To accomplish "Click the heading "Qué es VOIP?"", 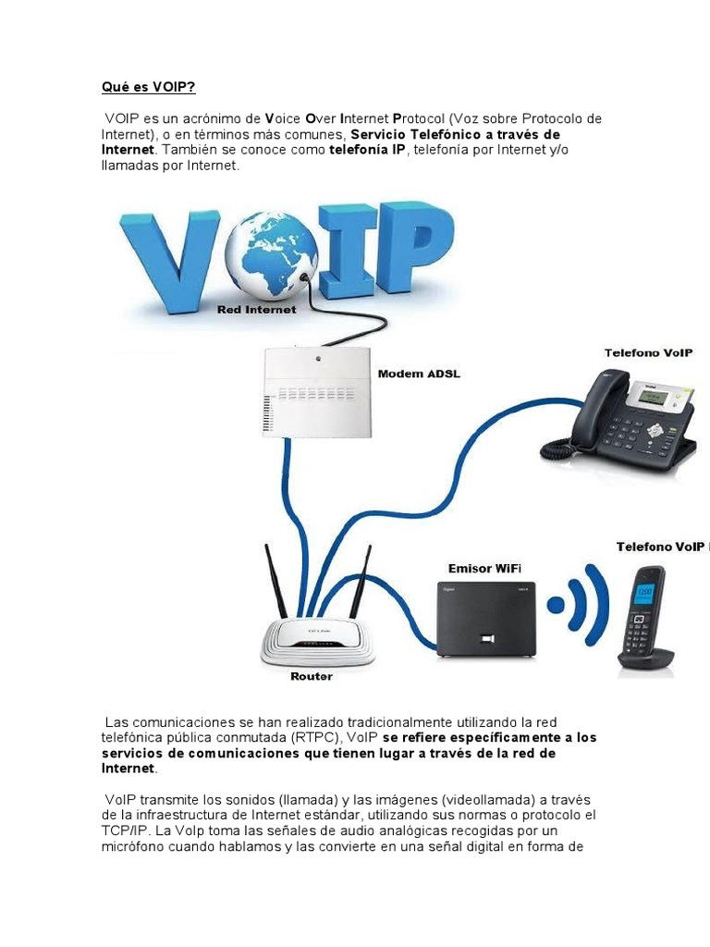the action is click(x=148, y=88).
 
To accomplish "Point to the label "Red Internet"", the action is click(x=256, y=310).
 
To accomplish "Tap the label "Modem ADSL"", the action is click(x=419, y=375).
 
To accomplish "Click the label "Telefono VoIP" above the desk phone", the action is click(x=649, y=353).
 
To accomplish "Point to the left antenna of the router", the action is click(x=275, y=583).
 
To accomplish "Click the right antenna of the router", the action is click(x=359, y=583).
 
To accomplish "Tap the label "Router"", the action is click(x=312, y=676).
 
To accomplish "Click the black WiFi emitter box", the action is click(x=486, y=619).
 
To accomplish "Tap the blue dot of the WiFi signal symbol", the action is click(x=556, y=606).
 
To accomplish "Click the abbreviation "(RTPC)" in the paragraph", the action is click(x=316, y=738).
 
